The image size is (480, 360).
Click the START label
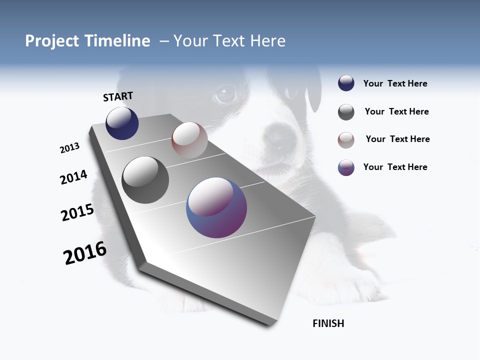point(118,96)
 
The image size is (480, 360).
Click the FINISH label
point(328,323)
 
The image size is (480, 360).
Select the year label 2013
point(69,148)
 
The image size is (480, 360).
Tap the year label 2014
point(73,177)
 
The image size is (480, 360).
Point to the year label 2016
point(85,253)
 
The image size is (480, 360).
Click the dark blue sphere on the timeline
point(122,123)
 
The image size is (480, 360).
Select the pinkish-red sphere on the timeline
point(189,140)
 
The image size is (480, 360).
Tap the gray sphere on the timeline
point(145,180)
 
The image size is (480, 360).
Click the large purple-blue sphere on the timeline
point(216,207)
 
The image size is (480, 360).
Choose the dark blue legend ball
point(346,83)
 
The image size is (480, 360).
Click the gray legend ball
point(346,112)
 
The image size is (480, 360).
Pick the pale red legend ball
point(346,140)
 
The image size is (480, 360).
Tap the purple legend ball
point(346,167)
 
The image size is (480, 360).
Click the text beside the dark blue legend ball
point(395,83)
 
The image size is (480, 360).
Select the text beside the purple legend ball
point(395,167)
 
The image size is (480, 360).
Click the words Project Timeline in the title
point(87,41)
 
